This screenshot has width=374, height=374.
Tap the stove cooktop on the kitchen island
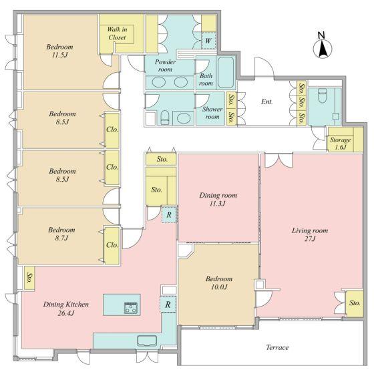[x=131, y=307]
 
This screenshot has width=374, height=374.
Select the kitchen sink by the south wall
[x=147, y=341]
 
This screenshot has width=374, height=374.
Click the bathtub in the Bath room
[x=226, y=73]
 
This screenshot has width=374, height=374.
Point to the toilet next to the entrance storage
[x=322, y=95]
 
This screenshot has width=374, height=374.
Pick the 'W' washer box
[x=208, y=41]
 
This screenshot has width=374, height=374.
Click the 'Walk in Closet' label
[x=117, y=33]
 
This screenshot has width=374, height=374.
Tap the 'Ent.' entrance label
[x=266, y=102]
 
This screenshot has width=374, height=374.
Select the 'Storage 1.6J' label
[x=340, y=144]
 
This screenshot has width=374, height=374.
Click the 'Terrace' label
[x=277, y=347]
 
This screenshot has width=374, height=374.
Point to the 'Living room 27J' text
[x=310, y=234]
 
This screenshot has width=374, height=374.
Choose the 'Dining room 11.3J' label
[x=218, y=200]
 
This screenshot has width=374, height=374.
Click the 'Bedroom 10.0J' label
[x=219, y=283]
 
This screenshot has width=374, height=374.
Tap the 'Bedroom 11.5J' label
[x=59, y=51]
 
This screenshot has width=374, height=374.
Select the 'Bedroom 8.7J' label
[x=61, y=234]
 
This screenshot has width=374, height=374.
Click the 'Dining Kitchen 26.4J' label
[x=66, y=309]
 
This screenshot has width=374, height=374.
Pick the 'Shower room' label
[x=212, y=113]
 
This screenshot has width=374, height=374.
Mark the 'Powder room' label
[x=165, y=65]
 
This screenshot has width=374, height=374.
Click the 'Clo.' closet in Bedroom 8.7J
[x=112, y=245]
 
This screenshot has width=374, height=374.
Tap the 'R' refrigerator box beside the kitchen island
[x=168, y=304]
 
